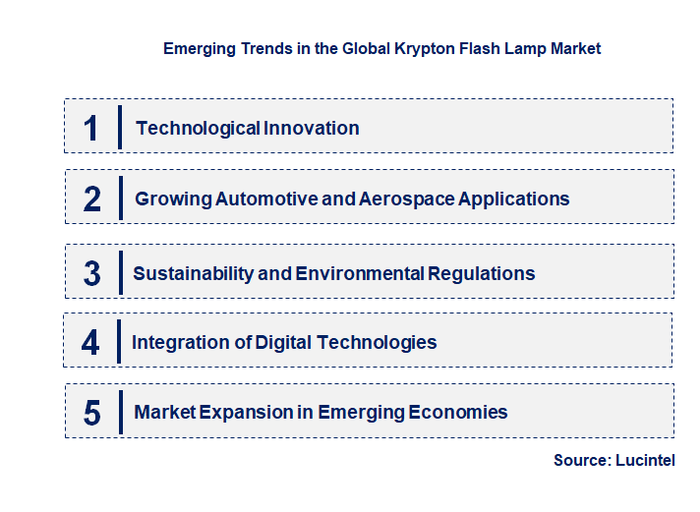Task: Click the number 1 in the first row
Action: click(x=91, y=128)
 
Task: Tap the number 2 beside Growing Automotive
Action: click(x=92, y=199)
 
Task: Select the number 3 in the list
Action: click(x=92, y=273)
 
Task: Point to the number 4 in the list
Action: click(x=90, y=342)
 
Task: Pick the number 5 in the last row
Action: click(x=92, y=413)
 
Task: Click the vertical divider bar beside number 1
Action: click(x=119, y=127)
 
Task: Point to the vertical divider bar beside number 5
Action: click(x=119, y=412)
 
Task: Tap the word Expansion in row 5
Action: click(x=243, y=412)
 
